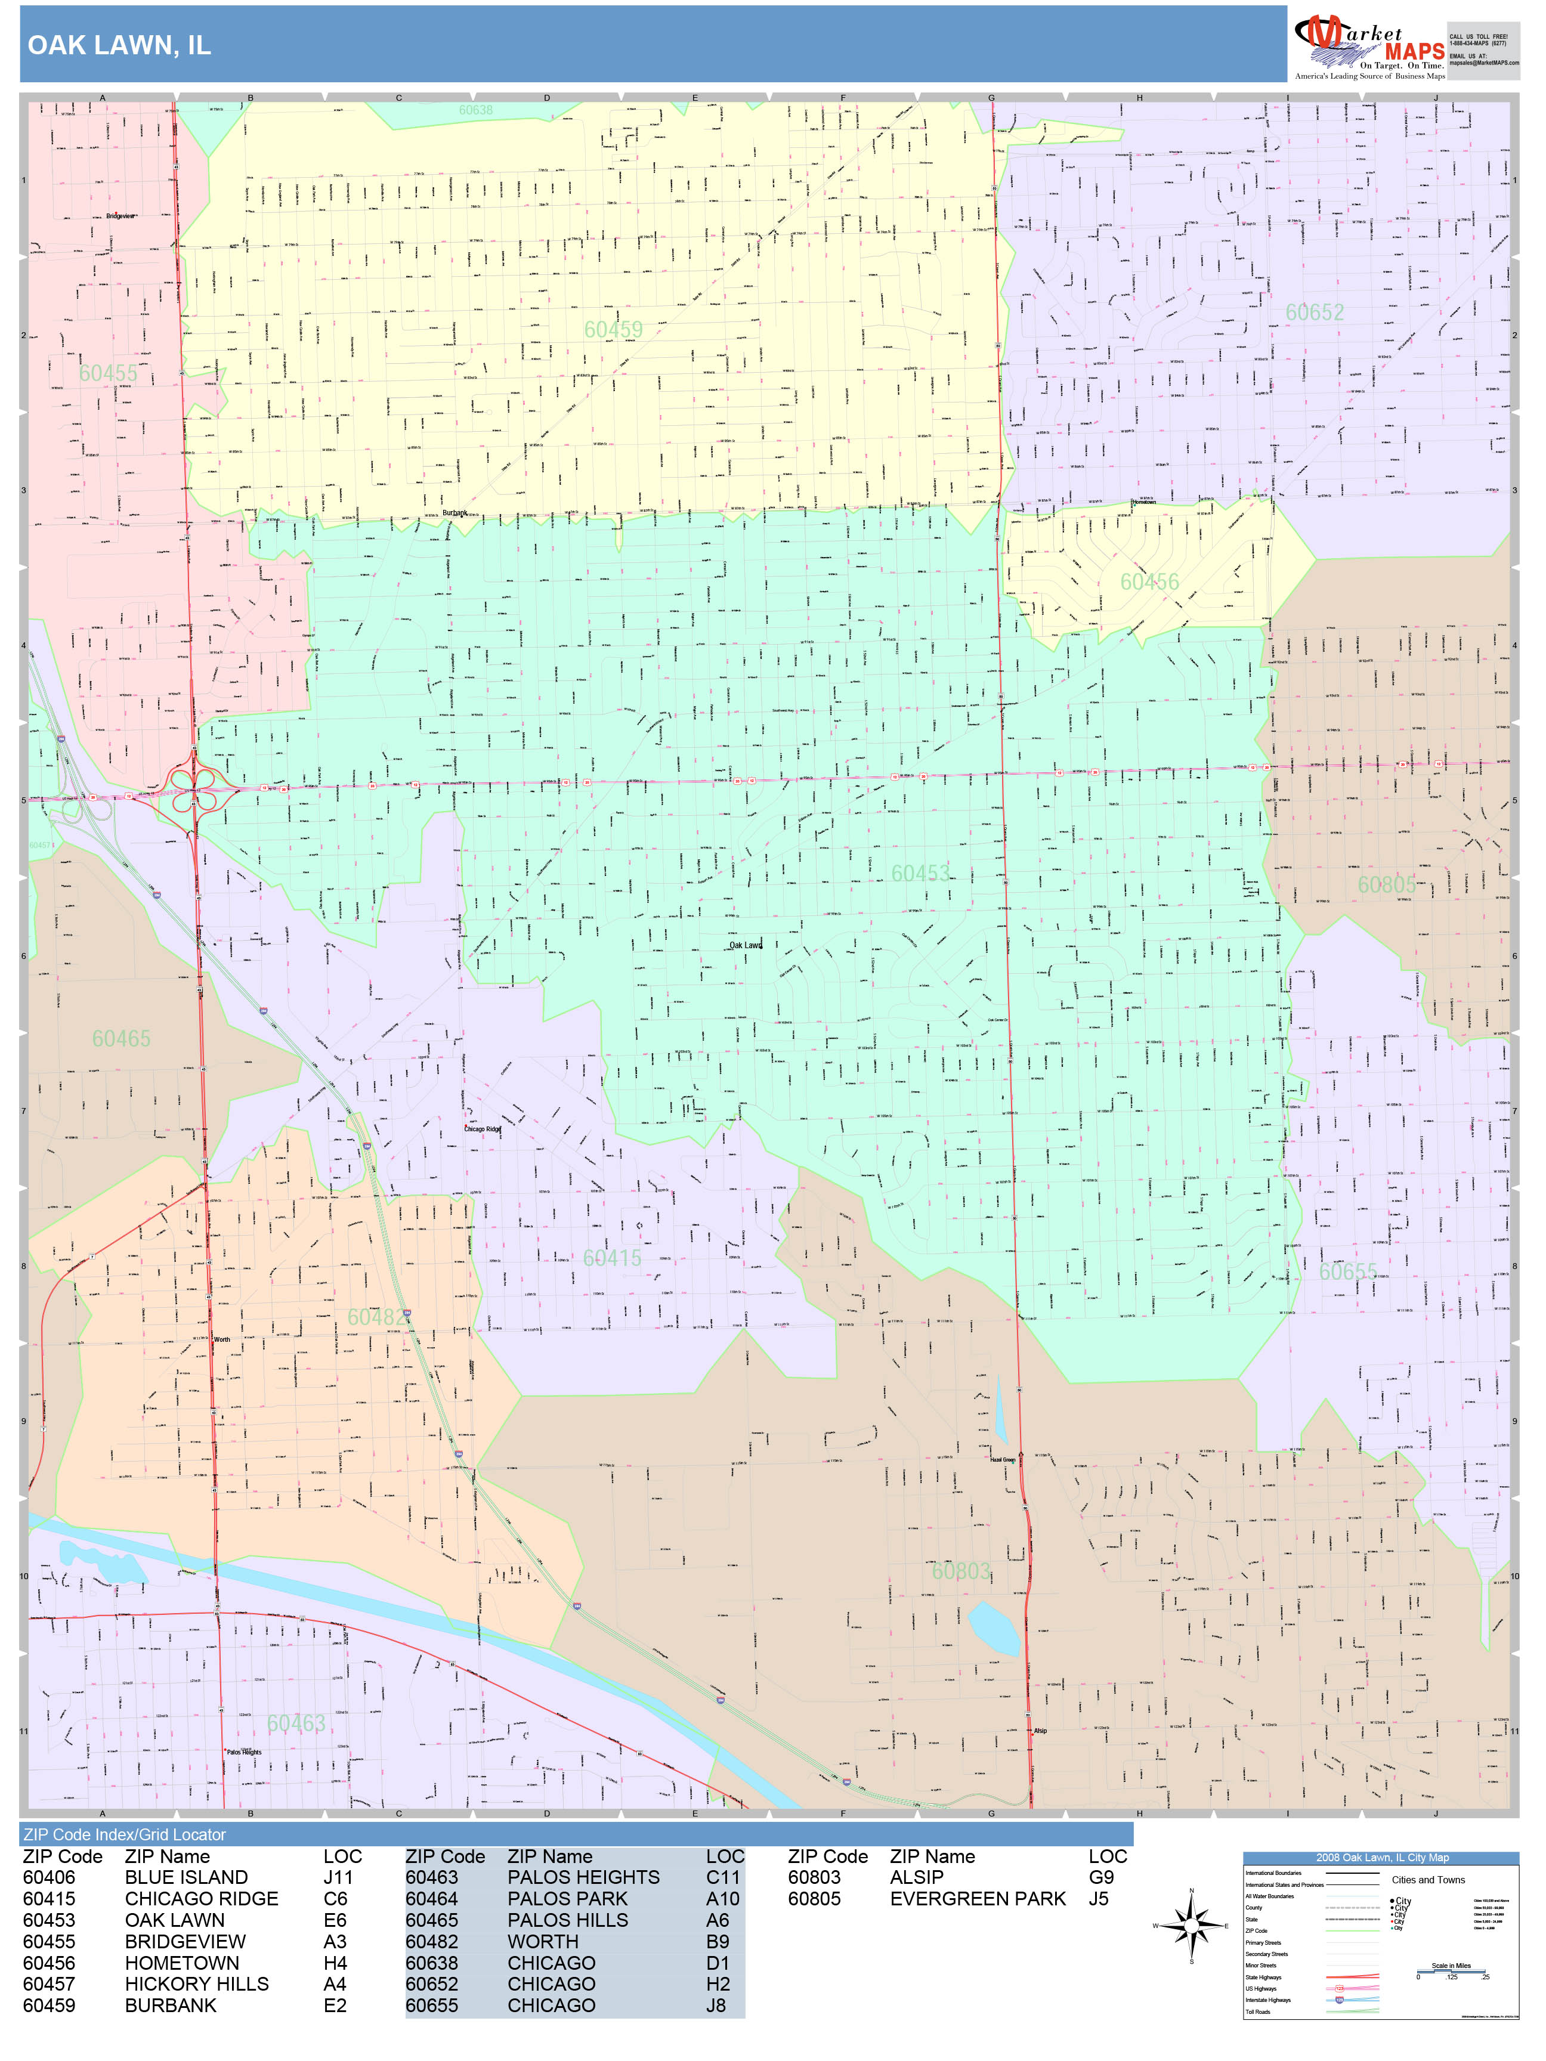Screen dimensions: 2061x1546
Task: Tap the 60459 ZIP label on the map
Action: coord(613,330)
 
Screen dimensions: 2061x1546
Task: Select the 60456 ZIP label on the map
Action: coord(1149,582)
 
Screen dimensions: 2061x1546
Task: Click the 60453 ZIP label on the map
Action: coord(920,873)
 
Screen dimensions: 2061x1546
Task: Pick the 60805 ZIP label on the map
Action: coord(1386,884)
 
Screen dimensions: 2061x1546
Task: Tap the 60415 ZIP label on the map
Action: coord(611,1258)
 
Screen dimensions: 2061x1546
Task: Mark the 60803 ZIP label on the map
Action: coord(961,1571)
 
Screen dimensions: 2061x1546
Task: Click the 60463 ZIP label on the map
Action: coord(296,1723)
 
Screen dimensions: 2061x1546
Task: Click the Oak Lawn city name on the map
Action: coord(746,945)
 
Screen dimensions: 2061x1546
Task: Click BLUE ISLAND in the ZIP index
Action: coord(186,1877)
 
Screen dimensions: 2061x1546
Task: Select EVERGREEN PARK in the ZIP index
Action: coord(978,1899)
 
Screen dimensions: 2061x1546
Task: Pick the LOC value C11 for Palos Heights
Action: coord(722,1877)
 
